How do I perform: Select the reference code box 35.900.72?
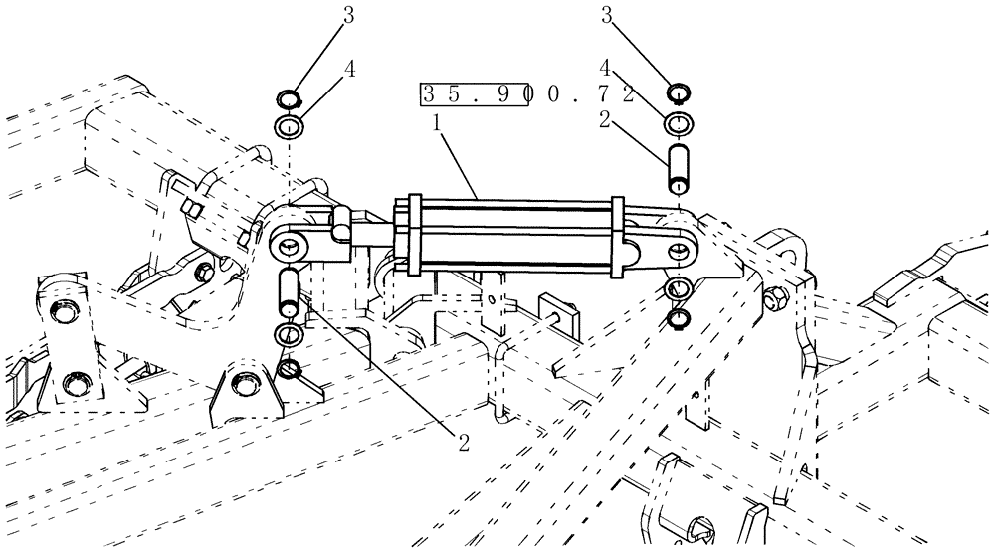pyautogui.click(x=527, y=94)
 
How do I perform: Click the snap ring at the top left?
pyautogui.click(x=287, y=100)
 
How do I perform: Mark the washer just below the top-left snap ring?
pyautogui.click(x=287, y=127)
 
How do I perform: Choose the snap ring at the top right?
pyautogui.click(x=679, y=95)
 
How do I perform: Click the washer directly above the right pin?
pyautogui.click(x=679, y=123)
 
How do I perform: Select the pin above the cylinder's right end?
pyautogui.click(x=679, y=166)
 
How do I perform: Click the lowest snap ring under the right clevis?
pyautogui.click(x=679, y=319)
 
